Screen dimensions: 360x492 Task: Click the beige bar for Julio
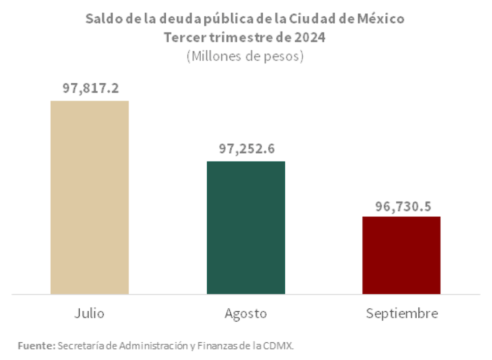coord(90,197)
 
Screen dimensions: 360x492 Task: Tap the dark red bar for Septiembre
coord(401,255)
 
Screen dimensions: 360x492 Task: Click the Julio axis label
coord(90,313)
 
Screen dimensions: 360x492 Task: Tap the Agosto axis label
coord(246,314)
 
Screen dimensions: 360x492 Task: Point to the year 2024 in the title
coord(311,37)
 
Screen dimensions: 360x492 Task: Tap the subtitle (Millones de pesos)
coord(245,56)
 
